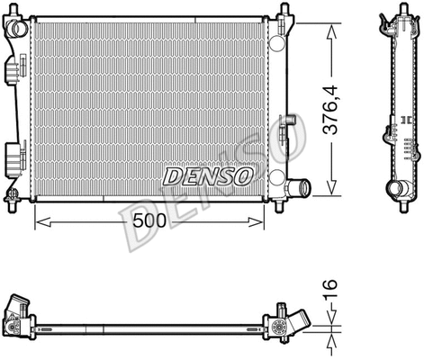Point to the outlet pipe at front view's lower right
(x=297, y=189)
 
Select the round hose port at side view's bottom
(x=396, y=188)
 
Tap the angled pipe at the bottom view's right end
(x=296, y=322)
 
